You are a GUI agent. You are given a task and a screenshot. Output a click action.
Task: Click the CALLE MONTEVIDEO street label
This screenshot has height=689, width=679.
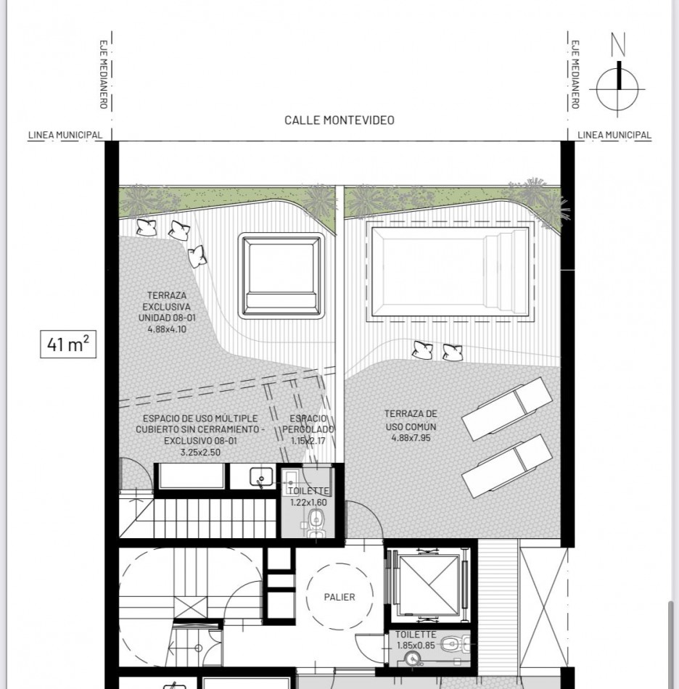339,120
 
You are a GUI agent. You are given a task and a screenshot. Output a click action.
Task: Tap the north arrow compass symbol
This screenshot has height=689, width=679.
617,86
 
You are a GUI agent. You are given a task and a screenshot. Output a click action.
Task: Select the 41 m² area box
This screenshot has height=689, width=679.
67,344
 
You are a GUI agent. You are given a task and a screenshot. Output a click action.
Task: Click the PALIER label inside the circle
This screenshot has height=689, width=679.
339,597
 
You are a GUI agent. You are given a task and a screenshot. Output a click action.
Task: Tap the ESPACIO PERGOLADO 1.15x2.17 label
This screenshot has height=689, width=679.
312,429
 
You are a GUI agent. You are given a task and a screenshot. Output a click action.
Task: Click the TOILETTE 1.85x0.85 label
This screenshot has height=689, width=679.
416,639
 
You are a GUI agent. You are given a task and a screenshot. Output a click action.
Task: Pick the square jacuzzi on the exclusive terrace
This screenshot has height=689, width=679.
281,276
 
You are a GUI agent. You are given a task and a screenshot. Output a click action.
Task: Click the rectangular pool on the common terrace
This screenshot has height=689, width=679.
450,271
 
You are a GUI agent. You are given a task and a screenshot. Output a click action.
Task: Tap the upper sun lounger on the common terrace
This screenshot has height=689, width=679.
506,408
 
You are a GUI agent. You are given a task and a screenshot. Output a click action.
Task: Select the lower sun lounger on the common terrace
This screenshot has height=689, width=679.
506,464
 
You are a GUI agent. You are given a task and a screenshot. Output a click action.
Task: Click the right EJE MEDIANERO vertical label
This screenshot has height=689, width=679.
575,73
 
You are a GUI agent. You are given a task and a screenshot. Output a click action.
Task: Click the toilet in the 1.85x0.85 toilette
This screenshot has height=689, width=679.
453,643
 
